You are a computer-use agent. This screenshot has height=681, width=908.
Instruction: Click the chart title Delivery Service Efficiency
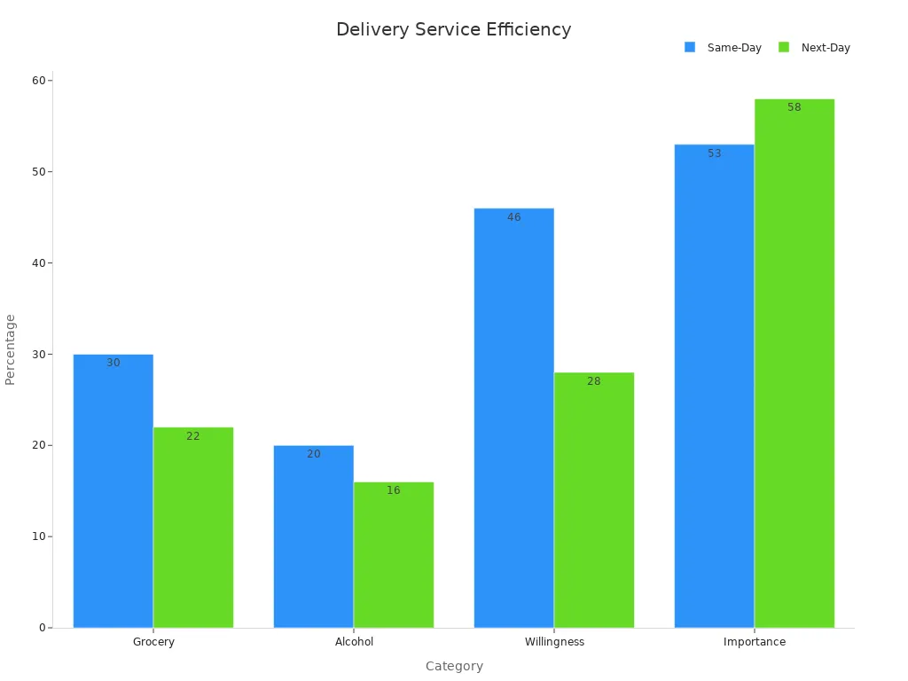[453, 29]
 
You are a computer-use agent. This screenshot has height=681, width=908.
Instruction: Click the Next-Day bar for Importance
[794, 364]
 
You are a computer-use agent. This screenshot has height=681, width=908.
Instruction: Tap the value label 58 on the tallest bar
[794, 107]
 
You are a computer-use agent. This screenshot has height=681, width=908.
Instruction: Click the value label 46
[513, 217]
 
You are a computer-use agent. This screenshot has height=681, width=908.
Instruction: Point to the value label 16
[394, 490]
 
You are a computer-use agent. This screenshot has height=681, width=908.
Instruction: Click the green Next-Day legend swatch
[784, 47]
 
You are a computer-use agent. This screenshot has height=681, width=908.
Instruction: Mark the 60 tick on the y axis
[39, 81]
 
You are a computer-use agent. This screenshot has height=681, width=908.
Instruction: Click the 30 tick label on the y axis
[39, 354]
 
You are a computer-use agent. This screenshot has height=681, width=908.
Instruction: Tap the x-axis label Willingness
[554, 642]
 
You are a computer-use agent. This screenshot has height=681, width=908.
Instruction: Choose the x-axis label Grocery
[153, 642]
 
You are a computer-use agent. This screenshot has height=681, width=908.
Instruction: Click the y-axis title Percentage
[11, 348]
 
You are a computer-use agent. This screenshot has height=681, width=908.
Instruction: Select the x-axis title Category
[454, 666]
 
